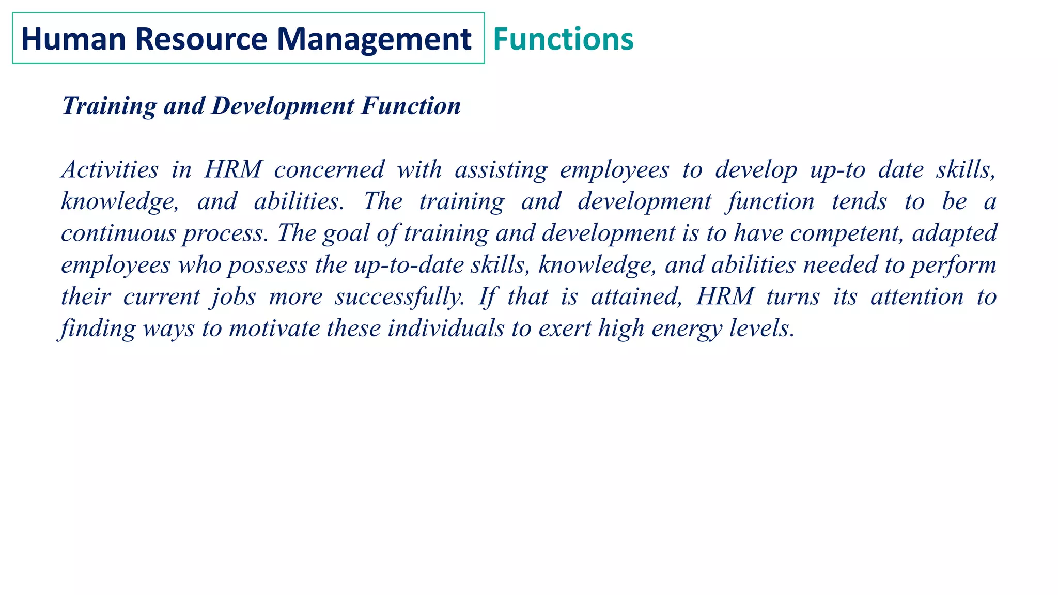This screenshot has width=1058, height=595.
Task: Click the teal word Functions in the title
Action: [563, 39]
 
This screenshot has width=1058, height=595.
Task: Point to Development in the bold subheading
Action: [283, 106]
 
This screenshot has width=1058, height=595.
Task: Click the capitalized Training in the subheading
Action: [109, 106]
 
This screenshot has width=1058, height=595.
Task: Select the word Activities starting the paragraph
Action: [110, 169]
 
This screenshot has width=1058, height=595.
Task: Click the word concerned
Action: [329, 169]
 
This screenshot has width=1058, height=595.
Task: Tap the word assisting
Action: [501, 169]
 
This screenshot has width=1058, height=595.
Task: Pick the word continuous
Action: [118, 233]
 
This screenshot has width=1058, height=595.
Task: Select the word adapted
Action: [954, 233]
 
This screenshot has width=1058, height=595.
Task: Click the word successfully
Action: [399, 297]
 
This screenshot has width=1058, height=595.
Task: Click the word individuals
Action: [446, 328]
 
